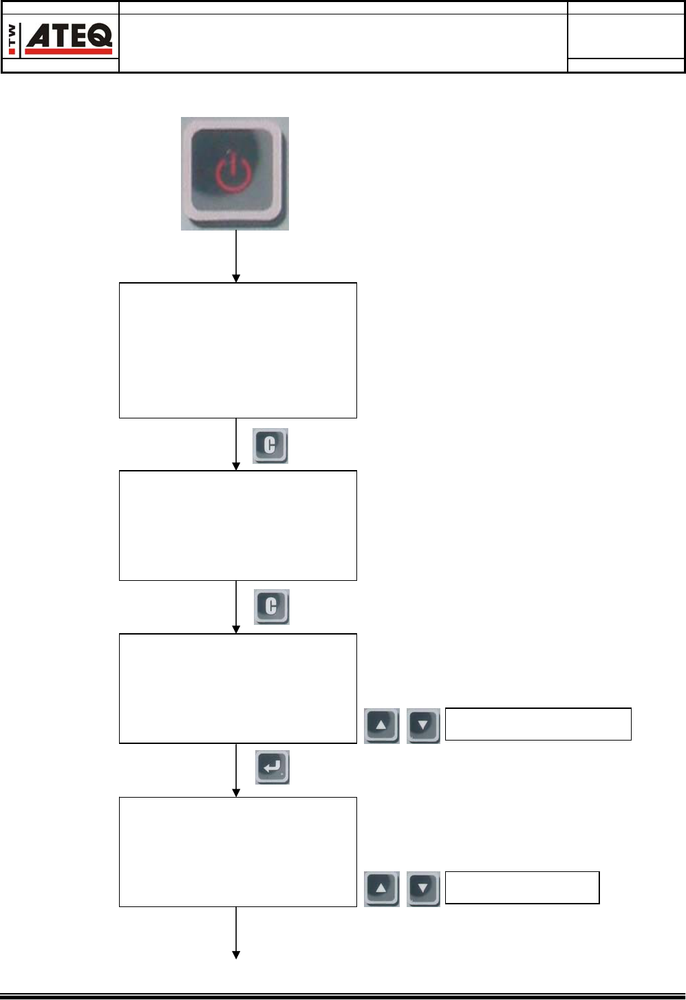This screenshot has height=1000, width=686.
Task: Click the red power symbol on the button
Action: (233, 173)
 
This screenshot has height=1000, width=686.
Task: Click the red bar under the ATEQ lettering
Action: (68, 51)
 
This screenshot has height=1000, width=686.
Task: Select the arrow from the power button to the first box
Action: (236, 256)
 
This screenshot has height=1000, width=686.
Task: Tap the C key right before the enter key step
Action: (271, 606)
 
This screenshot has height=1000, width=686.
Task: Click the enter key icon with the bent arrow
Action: (272, 767)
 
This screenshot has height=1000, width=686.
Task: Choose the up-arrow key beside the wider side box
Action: (381, 725)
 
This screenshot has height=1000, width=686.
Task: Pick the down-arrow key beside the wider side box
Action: (423, 725)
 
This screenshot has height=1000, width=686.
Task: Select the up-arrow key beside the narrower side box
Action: (381, 889)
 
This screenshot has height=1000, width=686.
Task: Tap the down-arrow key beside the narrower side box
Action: (423, 889)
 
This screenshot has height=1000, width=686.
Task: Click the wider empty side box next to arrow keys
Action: (537, 724)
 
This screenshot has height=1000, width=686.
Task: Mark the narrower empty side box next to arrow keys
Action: (522, 887)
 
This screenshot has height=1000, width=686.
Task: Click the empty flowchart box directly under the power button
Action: (237, 350)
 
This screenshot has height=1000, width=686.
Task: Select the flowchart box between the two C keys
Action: (237, 525)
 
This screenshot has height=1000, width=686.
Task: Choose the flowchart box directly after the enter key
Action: (237, 851)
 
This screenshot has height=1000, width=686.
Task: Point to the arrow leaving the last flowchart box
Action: (236, 933)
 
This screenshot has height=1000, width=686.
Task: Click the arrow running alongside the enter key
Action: (236, 769)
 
